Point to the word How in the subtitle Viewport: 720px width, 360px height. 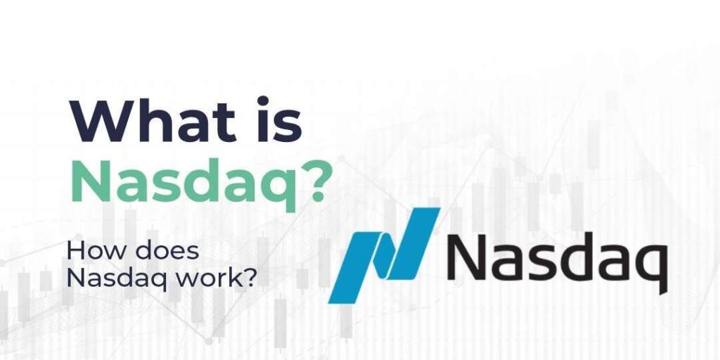91,251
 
